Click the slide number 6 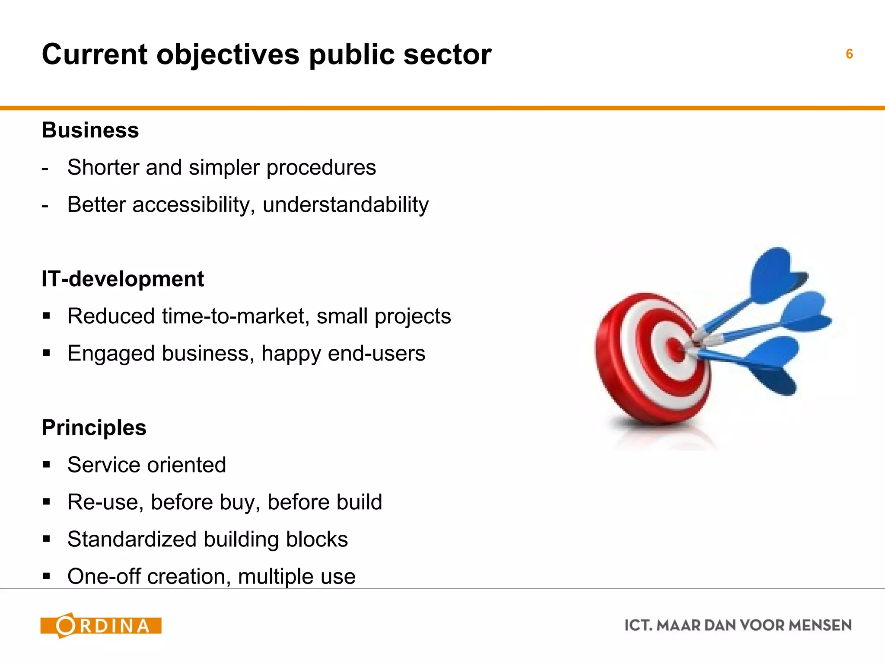849,54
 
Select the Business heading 90,130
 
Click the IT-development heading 123,279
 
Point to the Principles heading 94,428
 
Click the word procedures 321,168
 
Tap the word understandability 345,204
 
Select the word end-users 376,353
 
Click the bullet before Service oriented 47,465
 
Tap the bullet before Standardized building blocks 47,539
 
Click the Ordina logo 101,626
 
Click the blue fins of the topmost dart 776,275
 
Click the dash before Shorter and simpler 45,168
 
